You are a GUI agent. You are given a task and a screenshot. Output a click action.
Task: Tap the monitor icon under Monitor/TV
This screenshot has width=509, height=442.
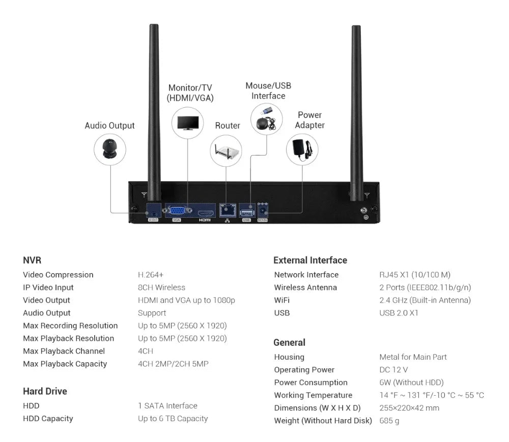(187, 123)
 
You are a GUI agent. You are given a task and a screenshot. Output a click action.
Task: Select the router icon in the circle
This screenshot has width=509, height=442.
(226, 151)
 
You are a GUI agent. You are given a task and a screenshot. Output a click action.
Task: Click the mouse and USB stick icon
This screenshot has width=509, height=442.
(266, 119)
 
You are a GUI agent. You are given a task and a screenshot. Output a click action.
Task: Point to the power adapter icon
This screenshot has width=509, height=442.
(302, 149)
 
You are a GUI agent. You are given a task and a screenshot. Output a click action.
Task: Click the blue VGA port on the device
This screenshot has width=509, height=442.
(177, 210)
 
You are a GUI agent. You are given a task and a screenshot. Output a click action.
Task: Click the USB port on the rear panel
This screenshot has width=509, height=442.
(247, 210)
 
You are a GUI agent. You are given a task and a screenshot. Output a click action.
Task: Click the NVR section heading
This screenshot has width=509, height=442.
(32, 260)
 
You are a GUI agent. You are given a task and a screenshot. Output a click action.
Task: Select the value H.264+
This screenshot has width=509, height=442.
(151, 275)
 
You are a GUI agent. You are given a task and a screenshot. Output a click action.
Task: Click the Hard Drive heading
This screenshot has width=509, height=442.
(45, 391)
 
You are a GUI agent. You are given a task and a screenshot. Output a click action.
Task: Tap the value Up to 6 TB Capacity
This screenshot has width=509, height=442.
(173, 419)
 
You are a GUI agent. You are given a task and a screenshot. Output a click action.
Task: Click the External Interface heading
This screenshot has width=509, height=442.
(310, 260)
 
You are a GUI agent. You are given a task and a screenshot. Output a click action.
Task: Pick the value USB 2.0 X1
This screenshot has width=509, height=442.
(399, 313)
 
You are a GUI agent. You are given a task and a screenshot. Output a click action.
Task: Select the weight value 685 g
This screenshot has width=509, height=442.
(389, 421)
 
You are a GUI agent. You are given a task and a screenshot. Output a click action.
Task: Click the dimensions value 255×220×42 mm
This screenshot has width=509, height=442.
(409, 408)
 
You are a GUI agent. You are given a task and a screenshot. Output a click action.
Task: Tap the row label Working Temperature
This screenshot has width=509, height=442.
(313, 395)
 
